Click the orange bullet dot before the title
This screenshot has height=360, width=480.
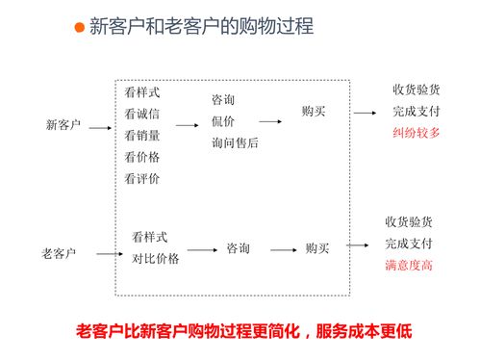81,27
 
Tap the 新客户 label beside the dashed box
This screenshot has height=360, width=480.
63,125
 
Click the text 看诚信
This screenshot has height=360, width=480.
142,114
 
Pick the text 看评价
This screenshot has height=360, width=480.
142,178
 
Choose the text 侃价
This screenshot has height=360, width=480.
223,121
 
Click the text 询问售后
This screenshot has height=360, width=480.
236,142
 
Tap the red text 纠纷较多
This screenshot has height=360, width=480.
416,132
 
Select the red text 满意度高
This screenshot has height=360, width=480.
409,265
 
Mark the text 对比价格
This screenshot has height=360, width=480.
156,258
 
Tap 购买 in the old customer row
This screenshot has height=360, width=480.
317,248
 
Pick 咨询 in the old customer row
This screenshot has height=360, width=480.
239,248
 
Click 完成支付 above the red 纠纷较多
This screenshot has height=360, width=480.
416,111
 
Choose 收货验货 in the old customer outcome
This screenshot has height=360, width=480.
409,221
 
